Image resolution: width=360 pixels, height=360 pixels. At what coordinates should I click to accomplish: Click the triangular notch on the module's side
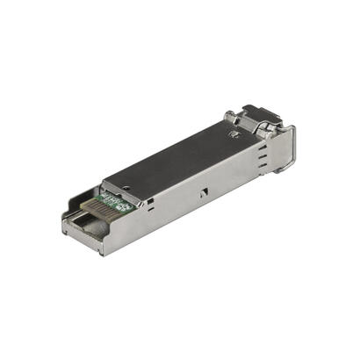(x=201, y=191)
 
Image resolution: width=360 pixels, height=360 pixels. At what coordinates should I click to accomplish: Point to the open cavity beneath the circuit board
(x=92, y=225)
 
